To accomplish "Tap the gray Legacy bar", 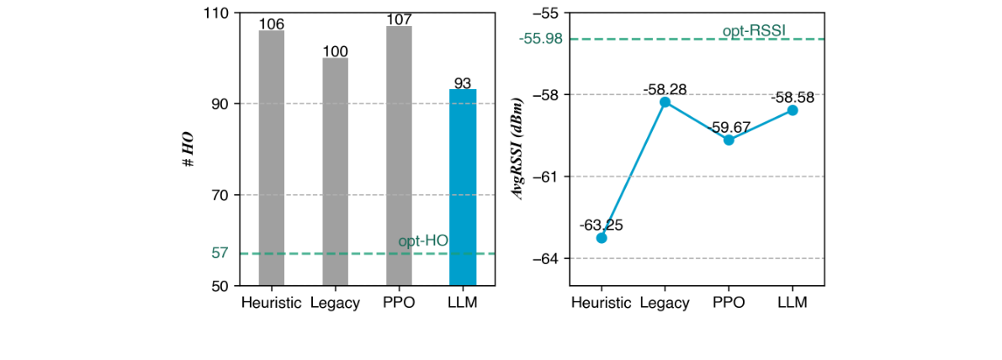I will (x=336, y=172).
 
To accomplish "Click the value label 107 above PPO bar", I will (x=399, y=19).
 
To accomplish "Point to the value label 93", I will (x=463, y=82).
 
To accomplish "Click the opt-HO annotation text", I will (x=423, y=241).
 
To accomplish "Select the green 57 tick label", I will (x=220, y=253).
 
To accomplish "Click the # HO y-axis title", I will (x=190, y=149).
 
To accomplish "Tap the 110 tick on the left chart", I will (x=216, y=13).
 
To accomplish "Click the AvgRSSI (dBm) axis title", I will (x=521, y=149).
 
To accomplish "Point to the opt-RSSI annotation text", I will (x=754, y=31).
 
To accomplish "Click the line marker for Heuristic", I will (x=602, y=238).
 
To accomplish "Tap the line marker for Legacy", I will (x=665, y=102).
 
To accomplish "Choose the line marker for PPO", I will (x=729, y=140).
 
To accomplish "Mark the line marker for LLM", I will (x=793, y=110).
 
